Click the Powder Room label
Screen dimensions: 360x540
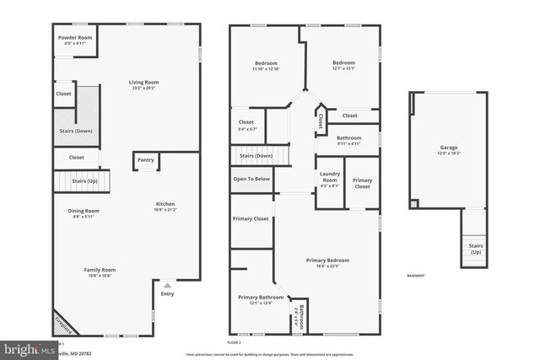[74, 38]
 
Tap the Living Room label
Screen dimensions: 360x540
[143, 83]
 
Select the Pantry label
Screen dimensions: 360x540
[145, 160]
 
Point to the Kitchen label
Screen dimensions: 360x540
[165, 204]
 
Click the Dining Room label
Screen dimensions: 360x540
[84, 211]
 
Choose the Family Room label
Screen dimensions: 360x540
[100, 269]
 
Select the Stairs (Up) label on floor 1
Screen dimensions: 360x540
[84, 181]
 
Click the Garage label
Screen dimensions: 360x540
[448, 148]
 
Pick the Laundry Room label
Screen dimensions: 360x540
[329, 177]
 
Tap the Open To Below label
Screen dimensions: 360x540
[251, 179]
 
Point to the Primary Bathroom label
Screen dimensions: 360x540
[261, 297]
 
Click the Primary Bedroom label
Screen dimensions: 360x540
[327, 261]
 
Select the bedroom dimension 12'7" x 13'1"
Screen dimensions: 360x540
[343, 69]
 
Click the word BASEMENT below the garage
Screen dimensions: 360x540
[415, 276]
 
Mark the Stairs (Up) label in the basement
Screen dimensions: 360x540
[476, 249]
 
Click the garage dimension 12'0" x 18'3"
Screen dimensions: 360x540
[448, 153]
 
